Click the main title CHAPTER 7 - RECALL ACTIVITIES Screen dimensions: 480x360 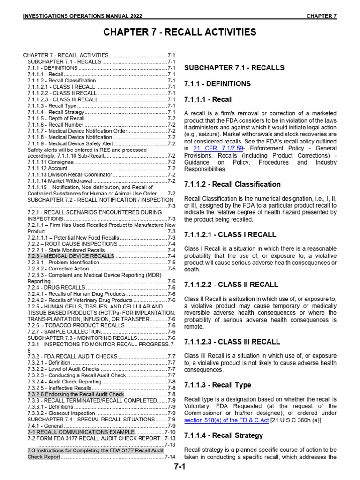[x=180, y=32]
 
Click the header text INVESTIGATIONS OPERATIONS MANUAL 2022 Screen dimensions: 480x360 [x=89, y=16]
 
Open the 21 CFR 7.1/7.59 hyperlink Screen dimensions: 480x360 [x=216, y=148]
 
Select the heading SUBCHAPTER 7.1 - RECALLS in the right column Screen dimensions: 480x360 [x=234, y=68]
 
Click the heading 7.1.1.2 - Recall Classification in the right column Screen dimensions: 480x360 [x=232, y=184]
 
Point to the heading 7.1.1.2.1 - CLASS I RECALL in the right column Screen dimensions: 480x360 [x=230, y=234]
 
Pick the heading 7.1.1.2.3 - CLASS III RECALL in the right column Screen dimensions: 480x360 [x=232, y=342]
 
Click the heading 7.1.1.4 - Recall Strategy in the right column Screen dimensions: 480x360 [x=224, y=435]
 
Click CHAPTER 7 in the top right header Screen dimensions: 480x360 [x=322, y=16]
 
